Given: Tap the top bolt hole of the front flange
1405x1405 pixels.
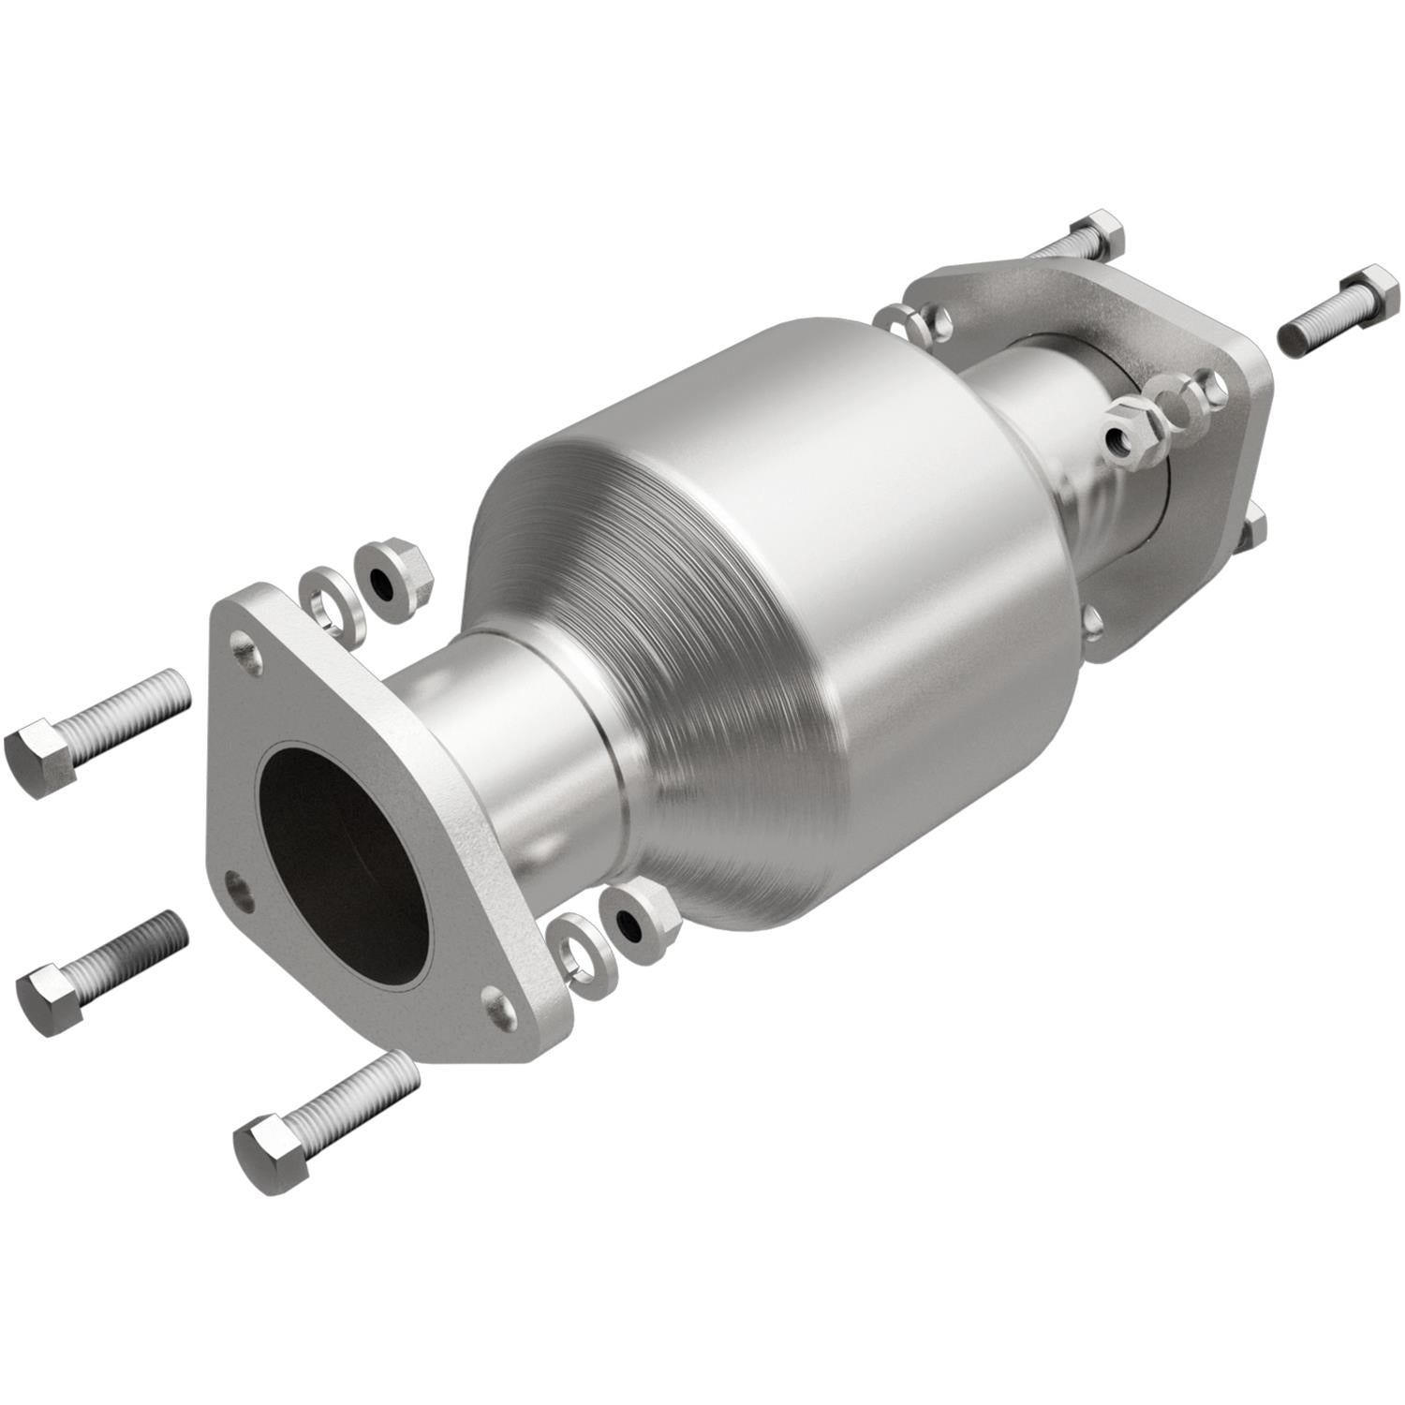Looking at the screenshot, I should point(245,647).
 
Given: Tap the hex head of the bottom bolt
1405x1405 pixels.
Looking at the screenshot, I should point(272,1153).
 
